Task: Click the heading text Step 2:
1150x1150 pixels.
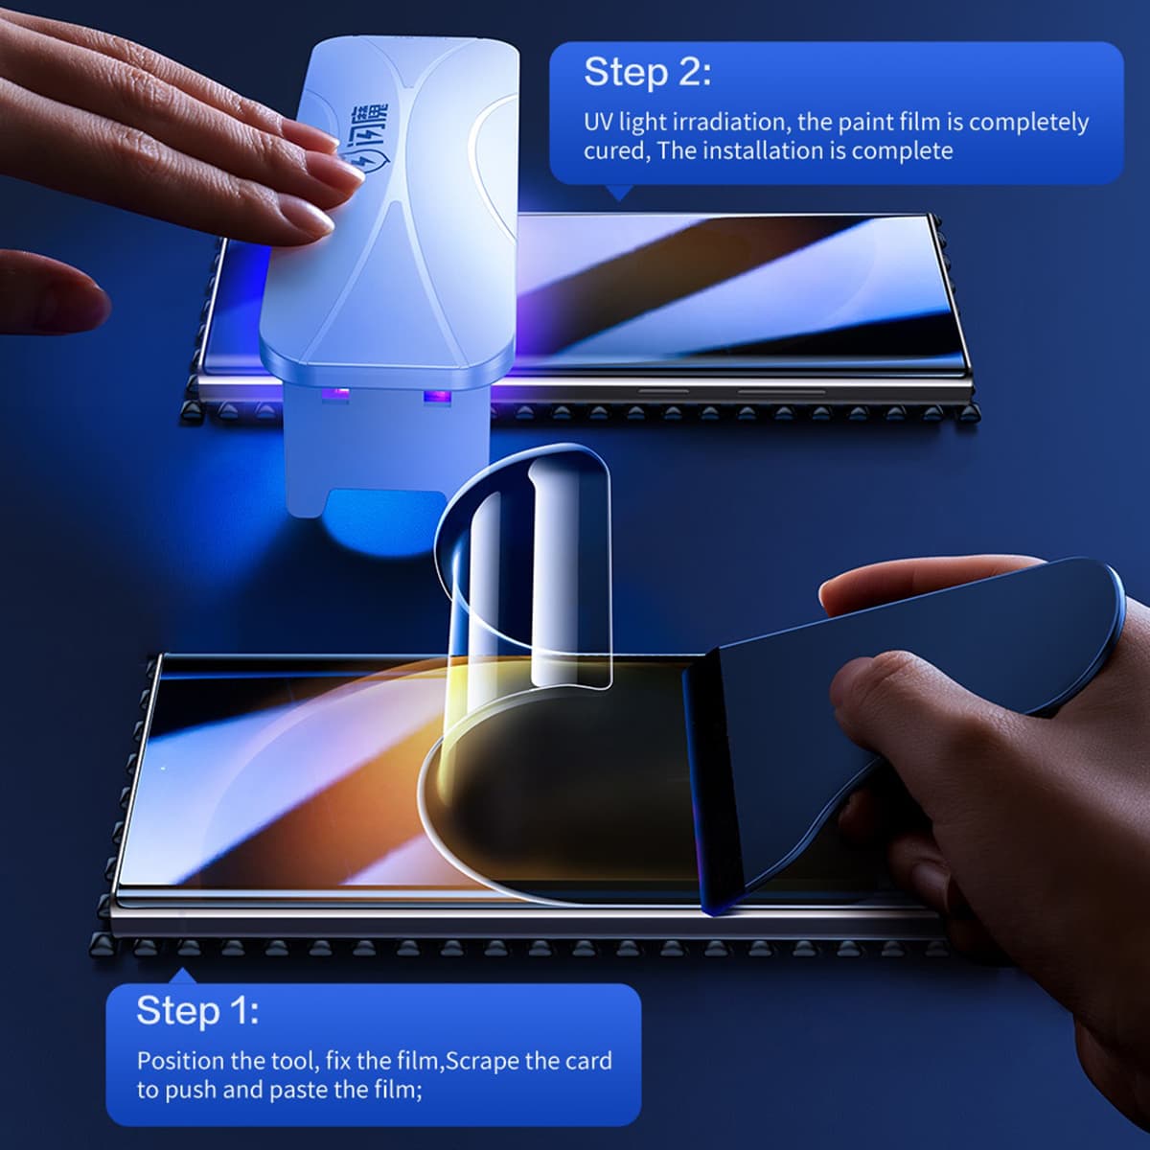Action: tap(647, 72)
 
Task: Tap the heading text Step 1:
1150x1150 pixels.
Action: tap(196, 1010)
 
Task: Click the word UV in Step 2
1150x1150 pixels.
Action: tap(598, 123)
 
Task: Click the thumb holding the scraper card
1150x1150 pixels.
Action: tap(867, 690)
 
